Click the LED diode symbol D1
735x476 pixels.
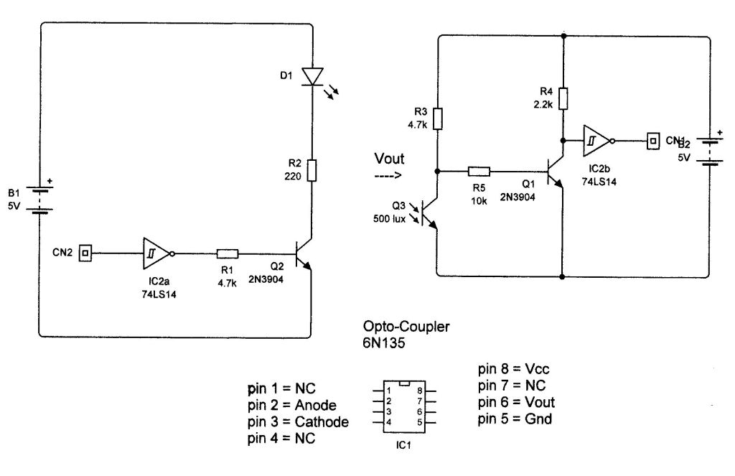[313, 76]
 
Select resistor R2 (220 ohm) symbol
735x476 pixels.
[312, 170]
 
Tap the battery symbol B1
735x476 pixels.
[40, 200]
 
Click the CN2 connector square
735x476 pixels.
[85, 253]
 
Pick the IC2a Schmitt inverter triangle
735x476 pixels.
[155, 253]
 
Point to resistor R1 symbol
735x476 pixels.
[227, 253]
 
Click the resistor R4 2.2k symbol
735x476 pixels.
[563, 98]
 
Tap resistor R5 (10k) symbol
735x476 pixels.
[479, 172]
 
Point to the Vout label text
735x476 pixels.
[389, 159]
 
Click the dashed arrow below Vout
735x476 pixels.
[388, 174]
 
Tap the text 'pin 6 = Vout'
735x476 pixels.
[516, 402]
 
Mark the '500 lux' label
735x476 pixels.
[391, 218]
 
